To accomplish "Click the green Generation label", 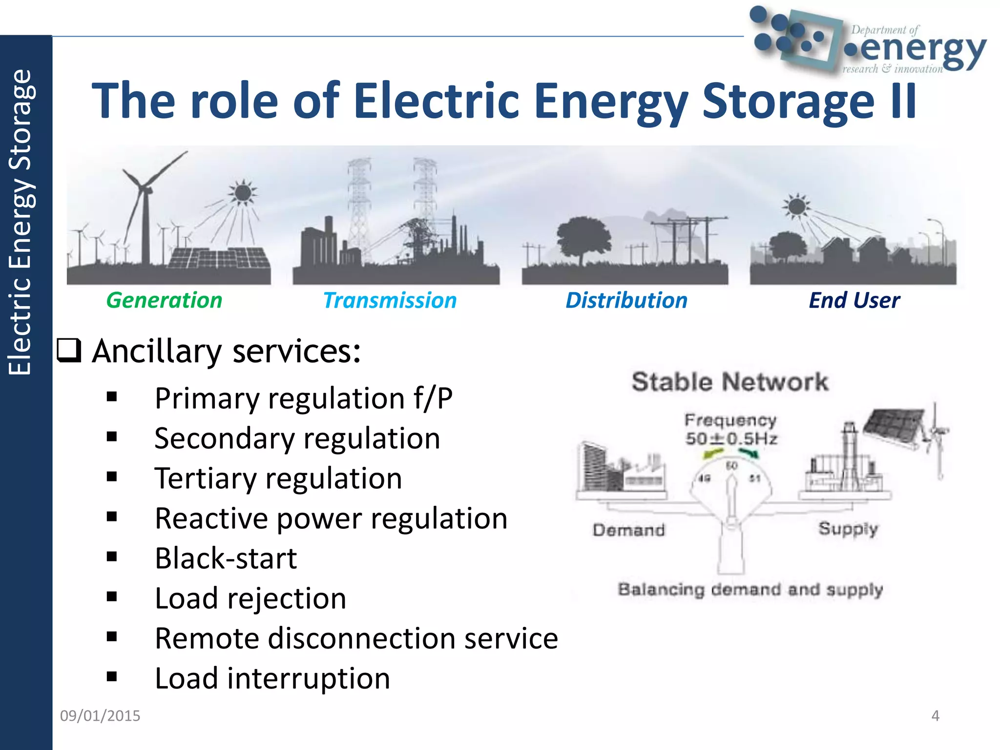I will [164, 300].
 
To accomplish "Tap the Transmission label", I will [390, 300].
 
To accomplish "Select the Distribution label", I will [626, 300].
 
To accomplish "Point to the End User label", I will [854, 300].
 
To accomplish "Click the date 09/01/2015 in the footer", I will [100, 715].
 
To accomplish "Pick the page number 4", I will [935, 715].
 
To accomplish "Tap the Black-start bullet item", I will [226, 558].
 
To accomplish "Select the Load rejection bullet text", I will [250, 598].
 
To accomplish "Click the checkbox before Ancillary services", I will [69, 350].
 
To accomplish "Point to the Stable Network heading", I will [730, 381].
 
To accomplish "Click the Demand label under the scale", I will [629, 530].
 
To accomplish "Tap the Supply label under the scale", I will [848, 529].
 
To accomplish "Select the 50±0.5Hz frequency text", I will [731, 438].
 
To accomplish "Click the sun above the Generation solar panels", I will [242, 192].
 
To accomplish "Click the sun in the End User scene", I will [796, 206].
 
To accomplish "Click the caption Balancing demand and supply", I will [750, 589].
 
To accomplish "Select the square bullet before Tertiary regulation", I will [112, 477].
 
